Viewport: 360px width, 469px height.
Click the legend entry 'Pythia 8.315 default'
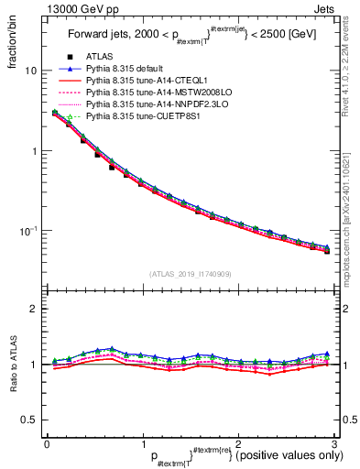pos(127,69)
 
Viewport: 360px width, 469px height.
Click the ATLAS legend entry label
pos(100,57)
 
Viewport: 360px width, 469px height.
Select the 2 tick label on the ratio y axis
pos(34,309)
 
